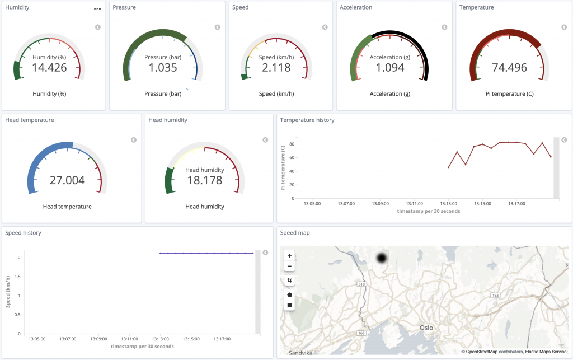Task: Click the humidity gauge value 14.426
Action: click(x=49, y=68)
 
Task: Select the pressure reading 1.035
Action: click(x=163, y=68)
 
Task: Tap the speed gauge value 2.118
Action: click(x=276, y=68)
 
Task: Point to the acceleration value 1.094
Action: click(x=390, y=68)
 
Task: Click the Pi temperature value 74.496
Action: click(x=509, y=68)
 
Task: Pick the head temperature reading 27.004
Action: click(x=67, y=180)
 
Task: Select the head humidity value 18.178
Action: click(x=205, y=180)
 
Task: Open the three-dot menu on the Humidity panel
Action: click(x=97, y=9)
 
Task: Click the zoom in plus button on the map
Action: click(x=289, y=256)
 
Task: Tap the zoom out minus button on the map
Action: click(x=289, y=266)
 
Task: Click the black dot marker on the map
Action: click(x=382, y=259)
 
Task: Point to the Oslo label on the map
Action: click(x=426, y=328)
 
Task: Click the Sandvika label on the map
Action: click(x=300, y=353)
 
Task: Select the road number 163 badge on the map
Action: click(x=495, y=295)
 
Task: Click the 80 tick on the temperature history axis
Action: click(x=292, y=144)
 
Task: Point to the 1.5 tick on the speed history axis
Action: click(x=17, y=277)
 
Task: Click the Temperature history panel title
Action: click(x=307, y=120)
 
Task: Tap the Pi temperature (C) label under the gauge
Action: click(x=509, y=94)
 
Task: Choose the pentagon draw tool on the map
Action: click(x=289, y=294)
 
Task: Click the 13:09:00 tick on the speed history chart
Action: click(x=98, y=339)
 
